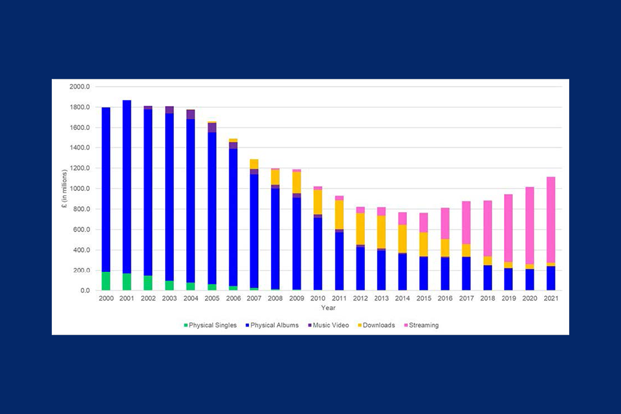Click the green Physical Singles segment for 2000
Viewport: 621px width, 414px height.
point(105,281)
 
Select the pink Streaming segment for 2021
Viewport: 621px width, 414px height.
point(550,220)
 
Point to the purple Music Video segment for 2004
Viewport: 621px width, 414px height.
point(190,114)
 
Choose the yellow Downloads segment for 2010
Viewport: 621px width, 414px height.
point(317,202)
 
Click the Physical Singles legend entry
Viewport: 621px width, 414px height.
point(210,325)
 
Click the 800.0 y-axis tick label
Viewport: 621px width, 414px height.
point(84,209)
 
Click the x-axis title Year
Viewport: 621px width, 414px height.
point(328,308)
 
